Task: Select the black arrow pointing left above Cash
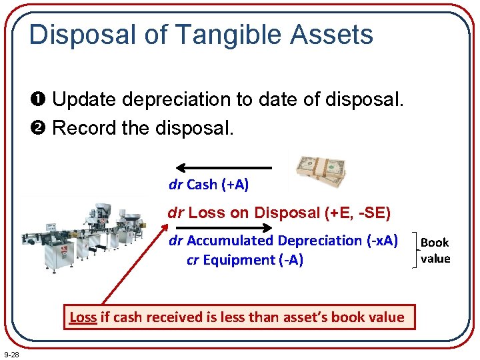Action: coord(223,168)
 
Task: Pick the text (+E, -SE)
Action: coord(357,213)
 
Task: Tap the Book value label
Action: coord(435,251)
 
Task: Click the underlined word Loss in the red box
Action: coord(83,317)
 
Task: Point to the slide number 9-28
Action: coord(11,354)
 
